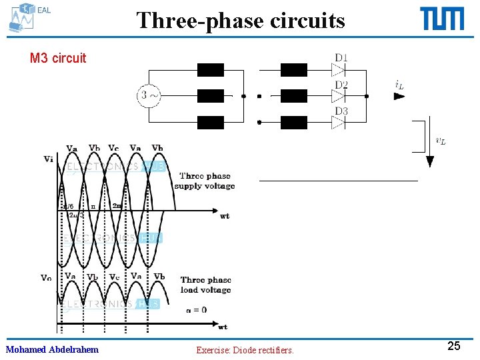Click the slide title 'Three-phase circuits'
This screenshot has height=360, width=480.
(241, 20)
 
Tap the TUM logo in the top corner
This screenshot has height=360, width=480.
(442, 19)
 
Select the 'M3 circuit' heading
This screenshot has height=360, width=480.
(58, 58)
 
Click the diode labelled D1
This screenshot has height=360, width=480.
(339, 70)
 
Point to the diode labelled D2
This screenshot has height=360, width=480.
(339, 96)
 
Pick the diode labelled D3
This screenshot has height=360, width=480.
(339, 122)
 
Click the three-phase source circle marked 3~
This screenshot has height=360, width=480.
(149, 95)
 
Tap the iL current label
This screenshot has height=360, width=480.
(399, 85)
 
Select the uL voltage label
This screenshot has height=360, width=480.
(441, 140)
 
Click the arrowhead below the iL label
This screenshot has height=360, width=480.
(399, 96)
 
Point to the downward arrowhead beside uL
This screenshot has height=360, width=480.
(430, 161)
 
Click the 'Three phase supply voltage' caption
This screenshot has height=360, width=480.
(205, 181)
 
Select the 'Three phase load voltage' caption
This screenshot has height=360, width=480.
(205, 285)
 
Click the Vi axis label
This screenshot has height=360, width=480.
(49, 159)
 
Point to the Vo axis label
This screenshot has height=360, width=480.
(46, 278)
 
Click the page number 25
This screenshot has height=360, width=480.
(453, 345)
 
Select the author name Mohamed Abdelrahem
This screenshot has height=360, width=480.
(52, 349)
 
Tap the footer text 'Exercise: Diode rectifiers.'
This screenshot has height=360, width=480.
(245, 349)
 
